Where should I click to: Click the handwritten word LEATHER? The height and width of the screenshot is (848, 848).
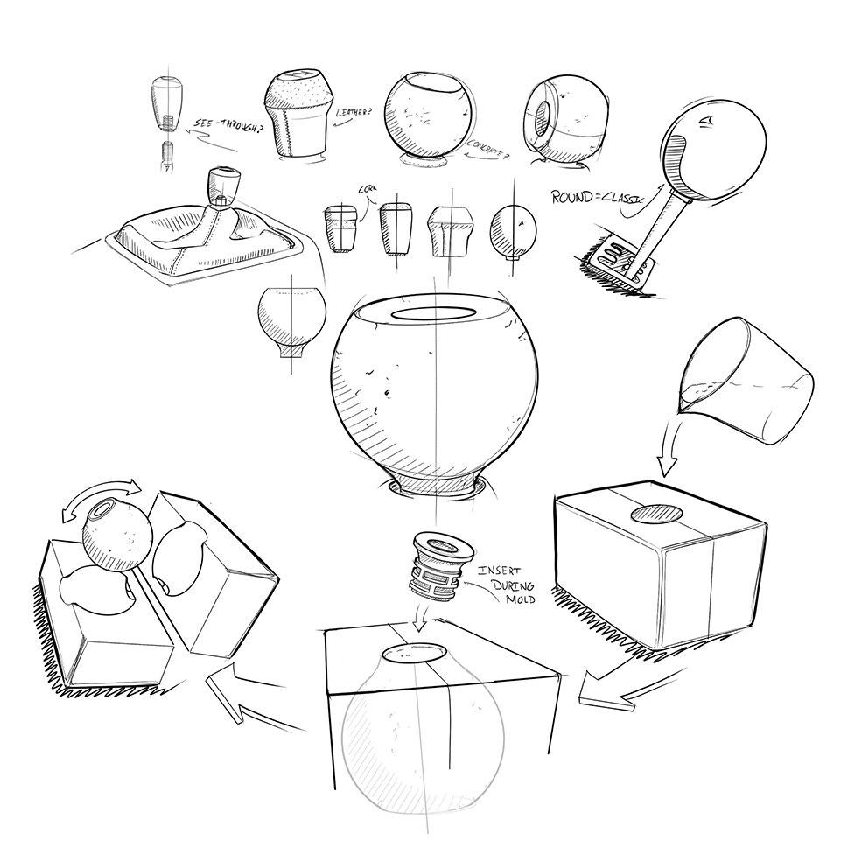click(x=354, y=113)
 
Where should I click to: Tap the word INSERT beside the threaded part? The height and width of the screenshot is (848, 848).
click(x=499, y=571)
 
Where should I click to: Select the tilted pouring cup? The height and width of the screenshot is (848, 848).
click(x=746, y=381)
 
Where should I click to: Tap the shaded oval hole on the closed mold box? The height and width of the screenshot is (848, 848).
click(x=658, y=513)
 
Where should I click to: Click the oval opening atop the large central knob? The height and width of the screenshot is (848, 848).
click(x=433, y=313)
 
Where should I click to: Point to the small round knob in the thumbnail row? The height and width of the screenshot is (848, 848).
click(x=513, y=229)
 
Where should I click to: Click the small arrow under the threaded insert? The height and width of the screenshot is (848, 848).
click(x=420, y=617)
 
